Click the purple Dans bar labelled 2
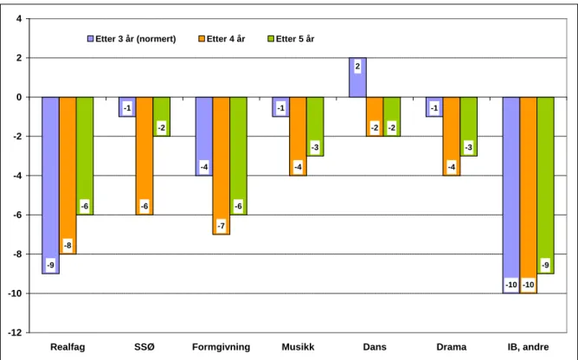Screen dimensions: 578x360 click(357, 78)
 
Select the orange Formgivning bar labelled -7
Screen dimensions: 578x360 click(222, 166)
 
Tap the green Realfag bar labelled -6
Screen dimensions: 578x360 click(85, 156)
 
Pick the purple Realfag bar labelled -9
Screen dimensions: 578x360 click(50, 185)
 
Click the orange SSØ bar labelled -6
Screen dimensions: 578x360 click(144, 156)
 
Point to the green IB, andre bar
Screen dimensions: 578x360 click(546, 185)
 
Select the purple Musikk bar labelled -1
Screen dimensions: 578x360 click(281, 107)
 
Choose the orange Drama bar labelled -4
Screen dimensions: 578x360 click(452, 137)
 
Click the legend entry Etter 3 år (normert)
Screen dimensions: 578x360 click(132, 39)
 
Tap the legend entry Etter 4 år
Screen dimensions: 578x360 click(222, 39)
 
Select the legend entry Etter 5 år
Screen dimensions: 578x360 click(291, 39)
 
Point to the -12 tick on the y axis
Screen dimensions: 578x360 click(15, 332)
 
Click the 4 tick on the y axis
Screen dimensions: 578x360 click(19, 19)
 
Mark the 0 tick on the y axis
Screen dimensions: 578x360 click(19, 98)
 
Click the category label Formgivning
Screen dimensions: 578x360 click(222, 347)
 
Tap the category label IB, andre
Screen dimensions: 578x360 click(528, 347)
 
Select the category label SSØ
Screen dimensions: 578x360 click(144, 347)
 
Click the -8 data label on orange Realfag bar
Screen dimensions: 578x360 click(67, 245)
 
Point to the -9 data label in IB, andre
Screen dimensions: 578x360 click(546, 265)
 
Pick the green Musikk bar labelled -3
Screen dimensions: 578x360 click(315, 126)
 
